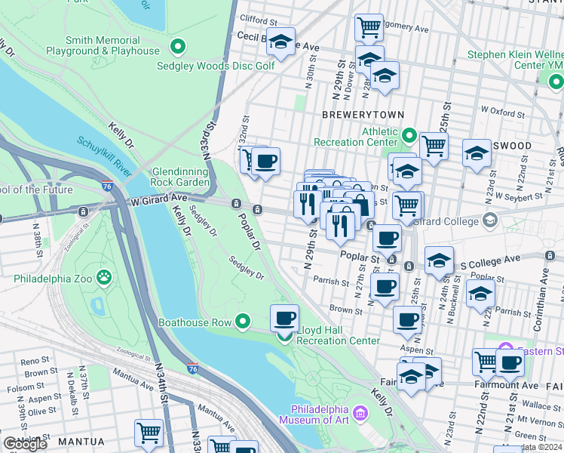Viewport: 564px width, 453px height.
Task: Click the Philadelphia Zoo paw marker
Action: pyautogui.click(x=104, y=278)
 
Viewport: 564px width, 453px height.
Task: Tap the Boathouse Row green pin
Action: pyautogui.click(x=242, y=322)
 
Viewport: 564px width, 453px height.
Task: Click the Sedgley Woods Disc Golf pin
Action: pyautogui.click(x=178, y=48)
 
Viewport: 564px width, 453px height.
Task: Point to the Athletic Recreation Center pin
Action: pyautogui.click(x=409, y=136)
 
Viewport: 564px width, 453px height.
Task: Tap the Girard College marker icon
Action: pyautogui.click(x=491, y=220)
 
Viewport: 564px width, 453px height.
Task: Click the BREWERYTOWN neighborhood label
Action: pyautogui.click(x=363, y=114)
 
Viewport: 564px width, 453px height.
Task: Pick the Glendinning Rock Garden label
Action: pyautogui.click(x=181, y=177)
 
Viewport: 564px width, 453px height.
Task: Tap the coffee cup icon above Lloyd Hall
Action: pyautogui.click(x=284, y=318)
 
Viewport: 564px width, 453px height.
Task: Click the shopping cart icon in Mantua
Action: pyautogui.click(x=149, y=433)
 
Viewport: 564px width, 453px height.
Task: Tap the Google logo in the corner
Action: pyautogui.click(x=25, y=444)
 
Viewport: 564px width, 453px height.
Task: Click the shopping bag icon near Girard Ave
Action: pyautogui.click(x=360, y=205)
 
